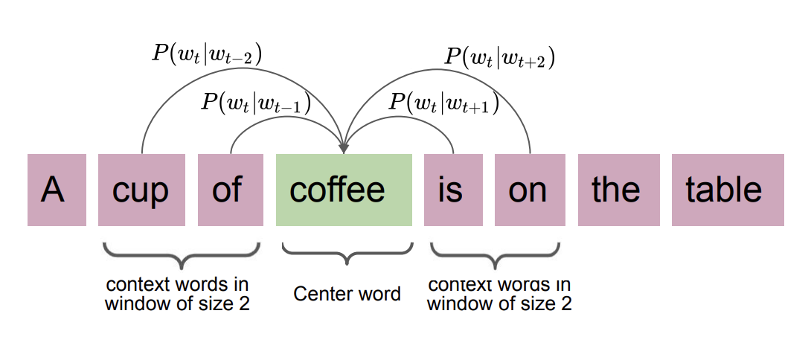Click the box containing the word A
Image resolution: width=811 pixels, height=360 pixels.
(57, 190)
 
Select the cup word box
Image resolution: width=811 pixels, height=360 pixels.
(141, 190)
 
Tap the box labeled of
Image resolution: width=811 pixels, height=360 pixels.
(230, 190)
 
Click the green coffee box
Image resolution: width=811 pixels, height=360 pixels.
(344, 190)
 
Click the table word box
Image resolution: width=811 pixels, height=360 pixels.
(727, 190)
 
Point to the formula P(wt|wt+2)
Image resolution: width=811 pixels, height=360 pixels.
(500, 57)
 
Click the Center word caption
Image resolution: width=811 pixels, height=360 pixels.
(347, 293)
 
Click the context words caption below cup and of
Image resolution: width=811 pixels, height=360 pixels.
(177, 294)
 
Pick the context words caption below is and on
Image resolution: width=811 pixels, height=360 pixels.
(499, 294)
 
